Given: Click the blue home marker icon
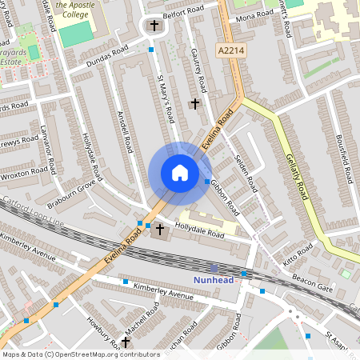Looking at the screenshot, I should coord(179,172).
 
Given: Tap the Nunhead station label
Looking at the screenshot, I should coord(215,279).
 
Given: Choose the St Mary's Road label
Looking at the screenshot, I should coord(166,98).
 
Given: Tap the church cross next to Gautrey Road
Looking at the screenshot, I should coord(194,104).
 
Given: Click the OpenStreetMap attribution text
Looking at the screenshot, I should coord(80,354).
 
